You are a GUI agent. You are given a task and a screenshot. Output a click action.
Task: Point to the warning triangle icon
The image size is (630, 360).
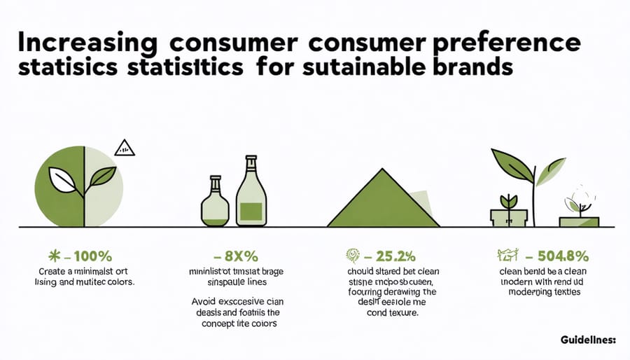tap(124, 147)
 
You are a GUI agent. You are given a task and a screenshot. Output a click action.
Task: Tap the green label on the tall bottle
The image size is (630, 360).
tap(251, 209)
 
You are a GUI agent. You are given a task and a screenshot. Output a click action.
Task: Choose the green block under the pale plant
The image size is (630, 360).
tap(579, 221)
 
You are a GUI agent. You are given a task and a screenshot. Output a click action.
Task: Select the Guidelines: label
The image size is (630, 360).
tap(588, 340)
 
